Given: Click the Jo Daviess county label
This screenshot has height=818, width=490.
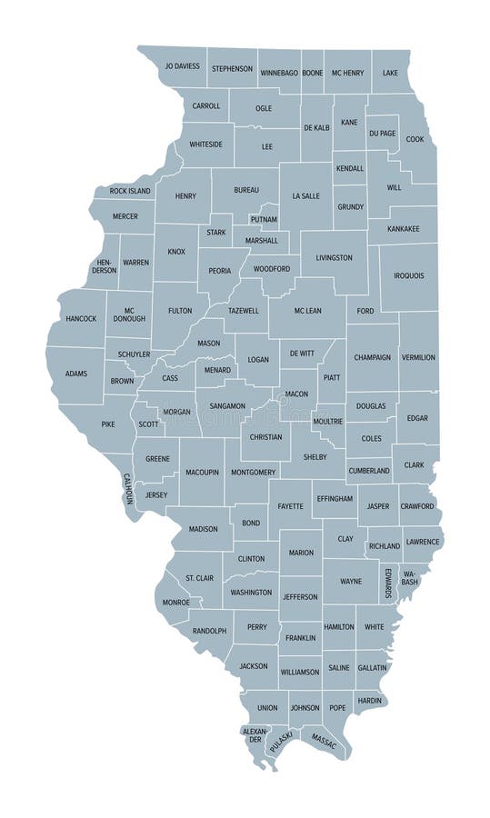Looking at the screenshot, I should click(x=182, y=67).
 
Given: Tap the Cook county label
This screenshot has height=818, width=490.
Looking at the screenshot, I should click(x=415, y=139).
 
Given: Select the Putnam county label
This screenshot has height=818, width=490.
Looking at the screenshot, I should click(x=263, y=219).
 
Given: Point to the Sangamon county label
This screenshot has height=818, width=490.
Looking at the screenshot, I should click(x=226, y=405).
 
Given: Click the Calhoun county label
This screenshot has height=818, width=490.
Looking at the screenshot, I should click(x=128, y=488).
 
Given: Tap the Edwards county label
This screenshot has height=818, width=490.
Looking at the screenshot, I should click(x=388, y=582).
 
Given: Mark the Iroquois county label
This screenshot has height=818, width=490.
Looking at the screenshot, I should click(x=408, y=275).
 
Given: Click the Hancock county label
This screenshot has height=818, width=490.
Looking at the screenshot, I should click(x=81, y=318).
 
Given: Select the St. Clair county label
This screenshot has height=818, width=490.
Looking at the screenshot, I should click(x=199, y=578).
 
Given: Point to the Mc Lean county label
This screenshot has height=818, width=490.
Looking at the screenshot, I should click(x=307, y=311).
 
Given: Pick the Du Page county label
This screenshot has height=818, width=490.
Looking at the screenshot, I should click(x=383, y=134).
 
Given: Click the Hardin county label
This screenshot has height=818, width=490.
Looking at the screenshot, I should click(x=369, y=700).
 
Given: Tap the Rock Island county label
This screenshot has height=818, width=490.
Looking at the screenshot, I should click(x=130, y=191).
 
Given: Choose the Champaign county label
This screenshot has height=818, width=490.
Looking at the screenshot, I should click(x=373, y=357).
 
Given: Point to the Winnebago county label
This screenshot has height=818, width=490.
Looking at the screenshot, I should click(x=279, y=72).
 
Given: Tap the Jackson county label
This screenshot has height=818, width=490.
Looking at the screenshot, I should click(x=254, y=666).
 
